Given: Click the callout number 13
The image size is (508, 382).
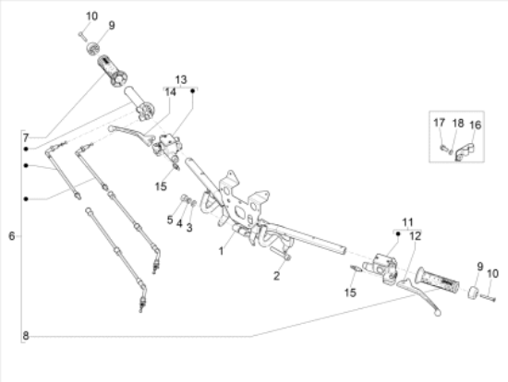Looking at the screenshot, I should [181, 79].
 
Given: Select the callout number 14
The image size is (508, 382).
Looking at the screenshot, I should [171, 92].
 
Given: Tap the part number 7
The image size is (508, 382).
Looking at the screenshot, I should [26, 137].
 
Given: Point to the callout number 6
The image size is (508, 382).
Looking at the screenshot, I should [11, 236].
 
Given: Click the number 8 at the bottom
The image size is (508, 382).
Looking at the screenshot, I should [26, 336].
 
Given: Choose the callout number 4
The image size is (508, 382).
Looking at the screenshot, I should [180, 223].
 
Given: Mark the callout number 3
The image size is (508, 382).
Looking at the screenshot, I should [189, 227].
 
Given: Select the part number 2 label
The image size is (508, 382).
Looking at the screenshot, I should [275, 275].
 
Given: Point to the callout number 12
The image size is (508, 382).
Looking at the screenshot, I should [414, 237].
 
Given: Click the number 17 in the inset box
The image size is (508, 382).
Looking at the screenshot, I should [441, 123].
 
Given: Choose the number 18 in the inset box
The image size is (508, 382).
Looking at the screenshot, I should [458, 123].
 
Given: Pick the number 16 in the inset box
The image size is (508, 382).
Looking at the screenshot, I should [476, 125].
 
